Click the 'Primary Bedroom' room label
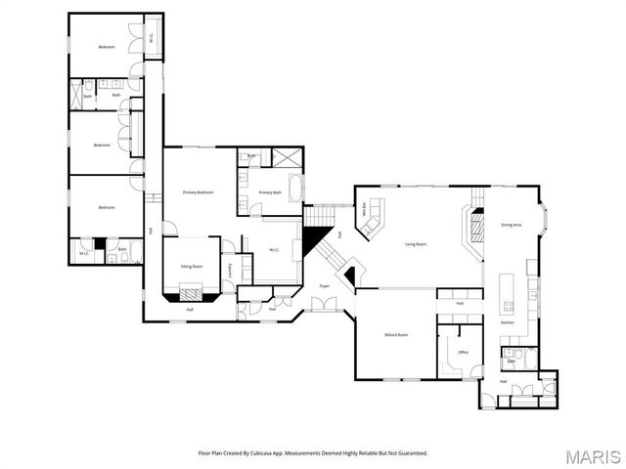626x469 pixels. click(198, 192)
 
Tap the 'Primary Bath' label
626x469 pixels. click(270, 192)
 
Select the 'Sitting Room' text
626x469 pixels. click(192, 266)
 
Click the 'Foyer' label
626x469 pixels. click(324, 285)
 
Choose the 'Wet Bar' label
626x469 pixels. click(364, 207)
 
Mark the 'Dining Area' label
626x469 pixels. click(511, 225)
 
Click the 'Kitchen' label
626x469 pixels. click(508, 322)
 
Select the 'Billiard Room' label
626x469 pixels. click(395, 334)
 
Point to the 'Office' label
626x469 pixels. click(463, 352)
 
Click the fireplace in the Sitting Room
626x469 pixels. click(192, 290)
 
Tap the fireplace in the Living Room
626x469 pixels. click(475, 228)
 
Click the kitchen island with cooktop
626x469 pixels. click(508, 293)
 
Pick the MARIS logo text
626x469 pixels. click(592, 456)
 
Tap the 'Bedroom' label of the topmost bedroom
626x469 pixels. click(106, 47)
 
